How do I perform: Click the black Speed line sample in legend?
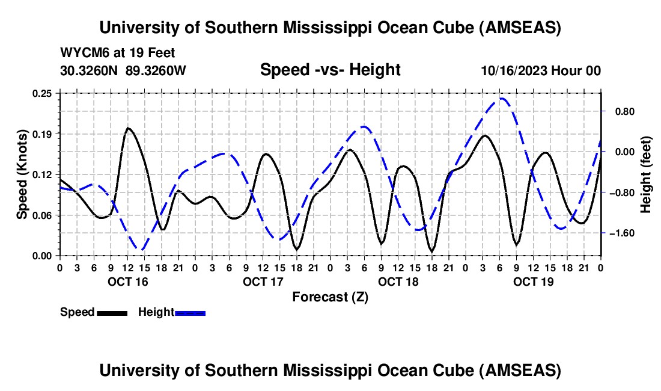(x=111, y=313)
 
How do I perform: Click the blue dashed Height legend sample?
(x=190, y=313)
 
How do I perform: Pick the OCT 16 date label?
(x=127, y=282)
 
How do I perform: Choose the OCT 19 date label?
(x=534, y=282)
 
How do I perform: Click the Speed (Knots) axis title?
(x=22, y=174)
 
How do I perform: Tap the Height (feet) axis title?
(x=646, y=174)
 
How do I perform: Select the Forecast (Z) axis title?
(x=330, y=297)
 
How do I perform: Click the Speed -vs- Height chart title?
(x=330, y=70)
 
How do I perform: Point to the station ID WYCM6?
(x=80, y=53)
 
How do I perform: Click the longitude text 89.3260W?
(x=156, y=70)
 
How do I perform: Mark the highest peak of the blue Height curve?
(x=502, y=98)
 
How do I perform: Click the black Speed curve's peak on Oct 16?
(x=127, y=128)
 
